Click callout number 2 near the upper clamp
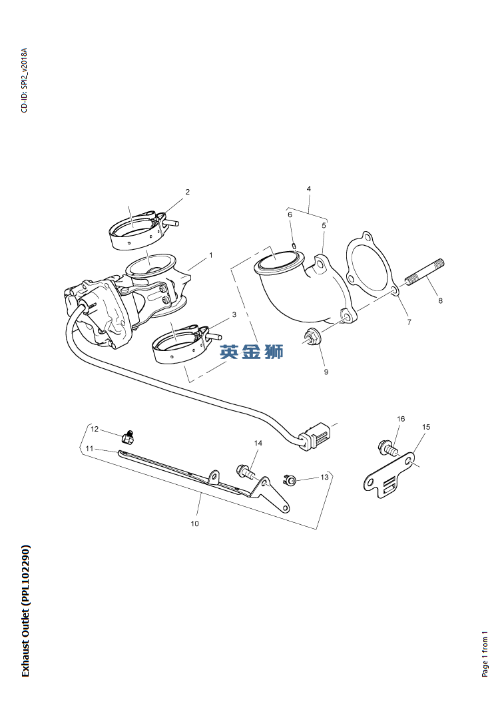(x=187, y=192)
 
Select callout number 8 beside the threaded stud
(x=440, y=300)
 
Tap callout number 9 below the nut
(x=326, y=372)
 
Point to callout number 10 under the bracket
(x=194, y=524)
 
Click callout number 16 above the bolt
(x=401, y=419)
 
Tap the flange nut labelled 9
(x=312, y=337)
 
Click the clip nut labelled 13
(x=290, y=479)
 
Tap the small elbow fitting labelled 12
(x=128, y=438)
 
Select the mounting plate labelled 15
(x=389, y=480)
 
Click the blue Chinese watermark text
(x=252, y=352)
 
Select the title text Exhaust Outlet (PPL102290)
(x=25, y=611)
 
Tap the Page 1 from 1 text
(x=485, y=653)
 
